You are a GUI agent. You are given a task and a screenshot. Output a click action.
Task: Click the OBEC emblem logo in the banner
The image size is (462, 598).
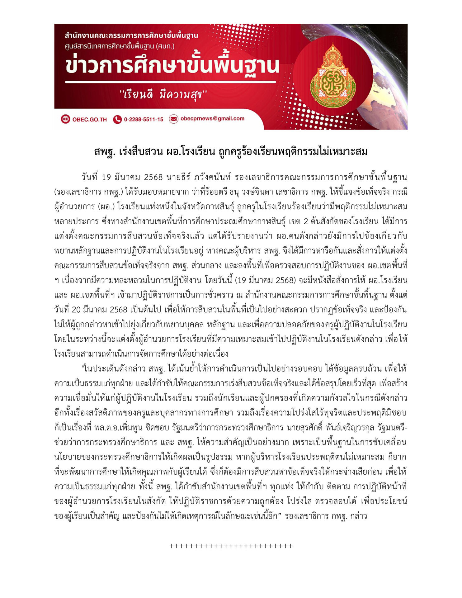(333, 76)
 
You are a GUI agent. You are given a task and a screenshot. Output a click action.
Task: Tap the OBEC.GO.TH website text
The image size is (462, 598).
(89, 120)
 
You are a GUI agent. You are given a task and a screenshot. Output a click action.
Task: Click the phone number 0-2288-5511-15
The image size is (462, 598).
(143, 120)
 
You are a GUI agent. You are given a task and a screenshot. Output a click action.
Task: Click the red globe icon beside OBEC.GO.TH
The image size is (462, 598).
(65, 119)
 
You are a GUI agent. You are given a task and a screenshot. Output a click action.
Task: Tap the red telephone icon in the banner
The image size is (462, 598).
(117, 119)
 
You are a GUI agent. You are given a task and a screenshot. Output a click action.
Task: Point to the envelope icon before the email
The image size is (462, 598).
(174, 119)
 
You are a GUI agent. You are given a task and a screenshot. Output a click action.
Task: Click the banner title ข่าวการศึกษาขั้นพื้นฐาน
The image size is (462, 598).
(172, 65)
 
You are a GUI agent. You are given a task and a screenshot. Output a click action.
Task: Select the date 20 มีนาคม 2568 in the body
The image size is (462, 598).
(100, 310)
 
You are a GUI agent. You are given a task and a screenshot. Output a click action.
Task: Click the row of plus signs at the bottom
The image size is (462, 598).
(231, 546)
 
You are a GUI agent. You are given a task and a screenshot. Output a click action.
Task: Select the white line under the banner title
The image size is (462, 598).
(170, 82)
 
